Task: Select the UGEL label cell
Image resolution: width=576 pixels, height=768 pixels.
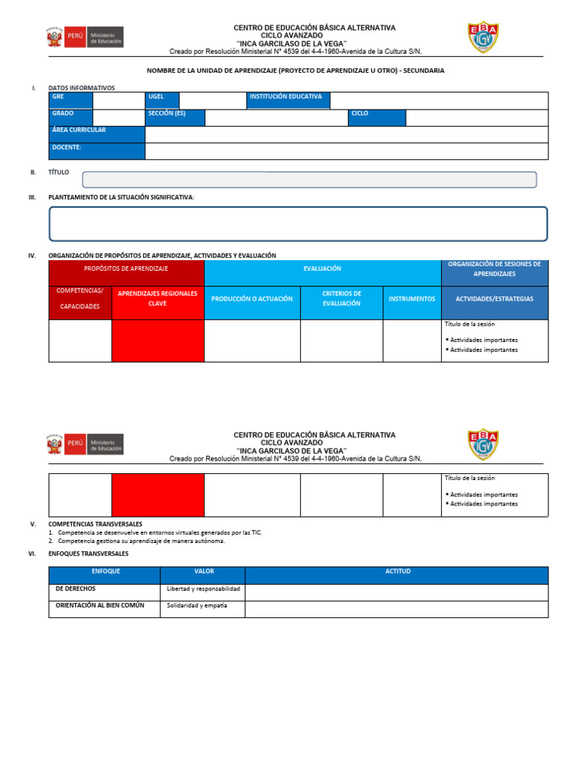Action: tap(162, 100)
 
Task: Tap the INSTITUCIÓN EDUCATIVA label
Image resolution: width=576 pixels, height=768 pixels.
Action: tap(288, 100)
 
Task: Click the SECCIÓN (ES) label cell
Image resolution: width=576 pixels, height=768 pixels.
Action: tap(175, 118)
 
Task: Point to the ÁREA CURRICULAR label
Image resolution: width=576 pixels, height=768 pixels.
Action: tap(96, 134)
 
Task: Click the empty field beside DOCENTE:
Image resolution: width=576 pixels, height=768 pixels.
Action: tap(346, 151)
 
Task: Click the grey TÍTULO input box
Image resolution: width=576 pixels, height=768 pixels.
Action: tap(309, 179)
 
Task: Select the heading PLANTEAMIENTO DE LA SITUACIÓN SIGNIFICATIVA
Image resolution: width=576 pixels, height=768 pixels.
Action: tap(121, 196)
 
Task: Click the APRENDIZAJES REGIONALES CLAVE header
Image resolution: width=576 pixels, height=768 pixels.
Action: tap(157, 298)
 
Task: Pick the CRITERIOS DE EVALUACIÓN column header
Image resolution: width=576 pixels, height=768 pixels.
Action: tap(341, 298)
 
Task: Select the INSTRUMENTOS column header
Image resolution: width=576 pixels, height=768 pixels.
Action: tap(412, 298)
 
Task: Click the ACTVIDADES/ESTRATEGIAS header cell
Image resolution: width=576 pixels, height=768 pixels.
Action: tap(494, 298)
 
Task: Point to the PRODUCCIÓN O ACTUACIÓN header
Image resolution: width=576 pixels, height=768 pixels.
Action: tap(252, 298)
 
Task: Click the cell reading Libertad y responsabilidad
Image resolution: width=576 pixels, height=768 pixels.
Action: tap(202, 589)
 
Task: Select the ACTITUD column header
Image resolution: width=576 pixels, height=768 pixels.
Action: tap(397, 571)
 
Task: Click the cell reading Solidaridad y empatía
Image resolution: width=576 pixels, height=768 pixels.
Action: tap(202, 605)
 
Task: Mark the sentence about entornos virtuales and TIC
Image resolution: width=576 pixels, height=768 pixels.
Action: tap(160, 532)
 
